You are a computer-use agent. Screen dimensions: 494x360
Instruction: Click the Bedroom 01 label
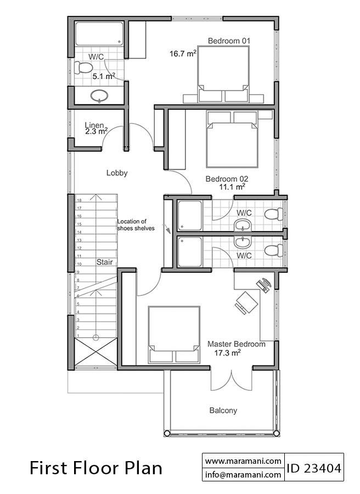(229, 41)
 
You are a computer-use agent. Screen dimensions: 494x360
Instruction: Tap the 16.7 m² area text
(183, 54)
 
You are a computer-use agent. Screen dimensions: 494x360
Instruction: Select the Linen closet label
(94, 126)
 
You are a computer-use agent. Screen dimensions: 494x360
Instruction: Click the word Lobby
(117, 173)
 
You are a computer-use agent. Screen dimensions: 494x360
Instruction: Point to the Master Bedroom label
(236, 344)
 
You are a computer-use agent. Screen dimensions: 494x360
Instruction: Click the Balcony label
(223, 410)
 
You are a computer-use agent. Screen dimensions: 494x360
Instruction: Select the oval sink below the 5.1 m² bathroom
(99, 96)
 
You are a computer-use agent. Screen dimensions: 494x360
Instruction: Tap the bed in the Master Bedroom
(174, 335)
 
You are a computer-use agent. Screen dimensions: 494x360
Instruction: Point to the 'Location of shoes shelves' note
(136, 225)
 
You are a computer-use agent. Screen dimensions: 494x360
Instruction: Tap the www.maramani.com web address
(243, 461)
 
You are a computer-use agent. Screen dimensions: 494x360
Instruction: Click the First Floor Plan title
(96, 468)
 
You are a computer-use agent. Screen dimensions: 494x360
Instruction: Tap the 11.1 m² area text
(233, 187)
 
